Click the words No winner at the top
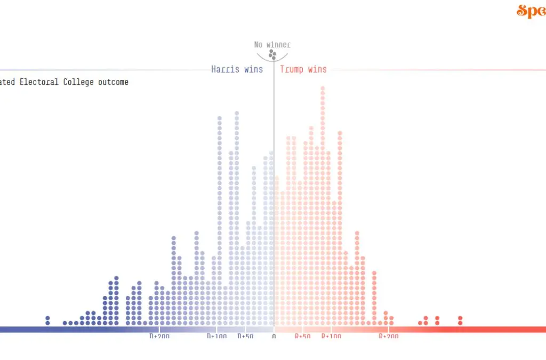point(272,45)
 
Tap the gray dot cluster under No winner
point(272,54)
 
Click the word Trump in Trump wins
point(292,69)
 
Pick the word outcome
point(113,82)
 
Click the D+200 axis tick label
point(159,337)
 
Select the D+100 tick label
point(217,337)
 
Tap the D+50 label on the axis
point(245,337)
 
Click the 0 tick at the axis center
point(274,337)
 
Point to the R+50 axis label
point(303,337)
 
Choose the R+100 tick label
point(331,337)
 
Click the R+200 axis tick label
point(389,337)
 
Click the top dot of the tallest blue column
point(237,113)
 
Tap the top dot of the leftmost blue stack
point(47,318)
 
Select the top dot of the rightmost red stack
point(460,318)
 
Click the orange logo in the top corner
point(531,11)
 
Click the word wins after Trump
point(317,69)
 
